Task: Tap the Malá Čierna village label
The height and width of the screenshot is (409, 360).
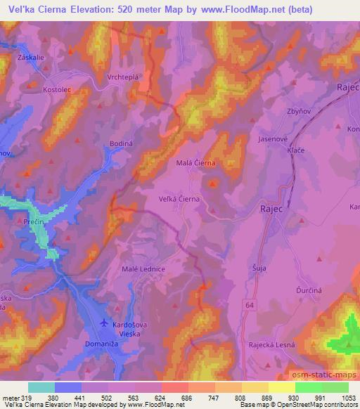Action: coord(195,162)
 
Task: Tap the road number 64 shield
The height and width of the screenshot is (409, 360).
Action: coord(250,304)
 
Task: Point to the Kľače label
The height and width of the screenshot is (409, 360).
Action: coord(296,152)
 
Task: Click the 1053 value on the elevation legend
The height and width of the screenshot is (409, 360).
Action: coord(349,397)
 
